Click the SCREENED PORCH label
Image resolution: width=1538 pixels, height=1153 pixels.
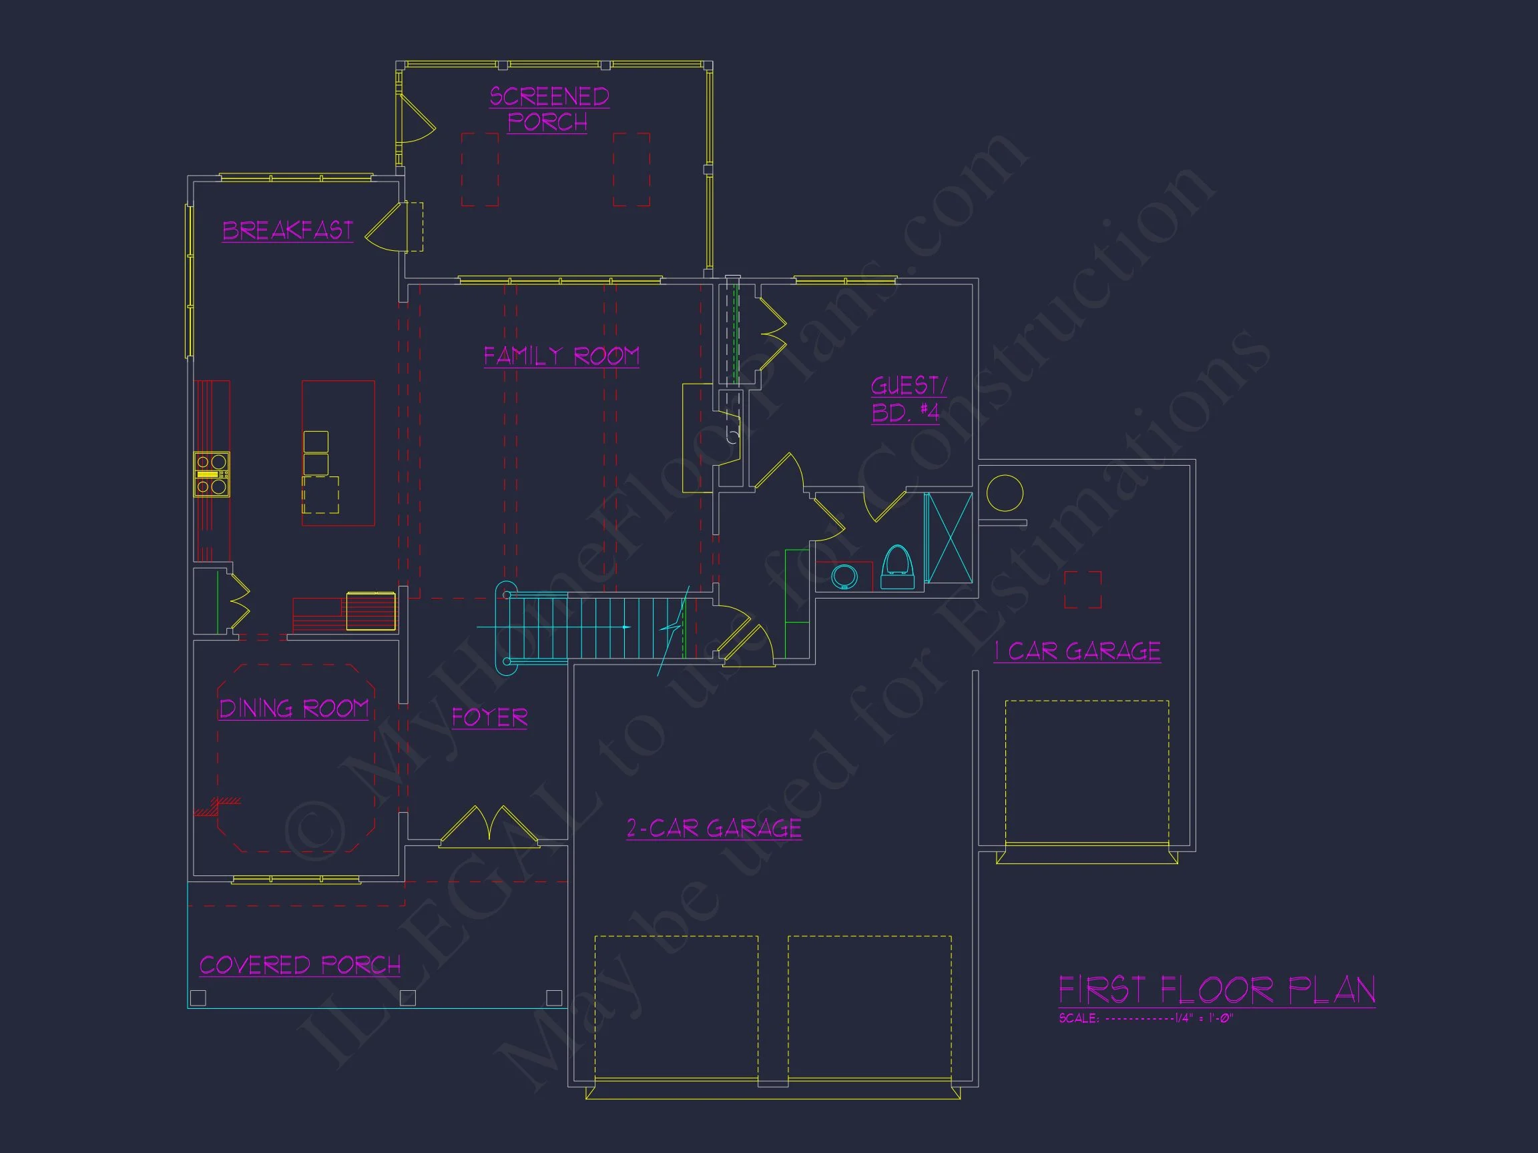click(x=549, y=109)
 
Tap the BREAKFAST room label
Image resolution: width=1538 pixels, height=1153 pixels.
click(x=287, y=230)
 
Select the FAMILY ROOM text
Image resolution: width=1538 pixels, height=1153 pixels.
click(x=561, y=356)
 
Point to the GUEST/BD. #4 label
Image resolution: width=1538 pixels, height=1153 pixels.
click(x=907, y=399)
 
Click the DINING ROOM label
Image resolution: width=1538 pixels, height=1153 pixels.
click(x=294, y=708)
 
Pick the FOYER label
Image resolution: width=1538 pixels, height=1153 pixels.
click(x=489, y=717)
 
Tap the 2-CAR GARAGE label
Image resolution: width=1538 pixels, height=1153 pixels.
click(x=714, y=828)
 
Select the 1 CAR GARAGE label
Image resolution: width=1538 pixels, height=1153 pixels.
click(x=1077, y=651)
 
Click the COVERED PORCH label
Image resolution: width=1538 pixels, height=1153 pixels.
click(x=300, y=965)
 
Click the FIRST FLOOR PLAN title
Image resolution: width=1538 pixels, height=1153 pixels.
click(x=1216, y=990)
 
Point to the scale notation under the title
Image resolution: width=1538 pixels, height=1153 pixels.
click(x=1146, y=1018)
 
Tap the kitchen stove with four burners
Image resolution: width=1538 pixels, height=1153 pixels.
click(x=212, y=474)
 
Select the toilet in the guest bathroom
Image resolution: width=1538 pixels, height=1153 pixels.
click(x=897, y=567)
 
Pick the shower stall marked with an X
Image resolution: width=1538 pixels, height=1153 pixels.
click(x=949, y=537)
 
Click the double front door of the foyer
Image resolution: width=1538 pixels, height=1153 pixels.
click(x=489, y=827)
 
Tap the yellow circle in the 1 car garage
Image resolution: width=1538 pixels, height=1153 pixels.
click(x=1004, y=494)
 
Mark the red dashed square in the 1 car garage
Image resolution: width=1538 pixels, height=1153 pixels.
click(x=1083, y=589)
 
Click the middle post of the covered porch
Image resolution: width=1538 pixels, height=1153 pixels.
click(x=408, y=998)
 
